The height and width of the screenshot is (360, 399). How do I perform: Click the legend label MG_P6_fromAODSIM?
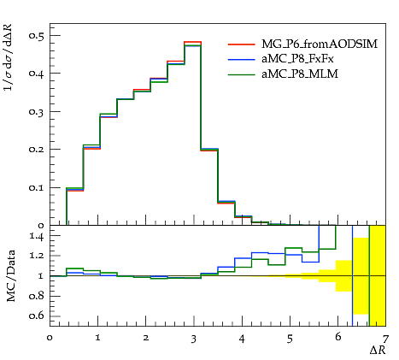(x=320, y=44)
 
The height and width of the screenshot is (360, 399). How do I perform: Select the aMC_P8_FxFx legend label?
(x=297, y=59)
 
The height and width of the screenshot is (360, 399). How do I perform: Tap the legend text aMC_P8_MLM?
(x=300, y=74)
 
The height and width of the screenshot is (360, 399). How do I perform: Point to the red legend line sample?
(x=241, y=44)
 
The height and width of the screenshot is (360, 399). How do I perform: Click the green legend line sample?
(x=241, y=74)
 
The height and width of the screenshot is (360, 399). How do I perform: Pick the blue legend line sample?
(x=241, y=60)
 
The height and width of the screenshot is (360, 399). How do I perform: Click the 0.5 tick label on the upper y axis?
(x=37, y=35)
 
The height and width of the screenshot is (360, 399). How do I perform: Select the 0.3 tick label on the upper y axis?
(x=37, y=111)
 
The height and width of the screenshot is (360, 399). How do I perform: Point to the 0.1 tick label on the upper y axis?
(x=37, y=187)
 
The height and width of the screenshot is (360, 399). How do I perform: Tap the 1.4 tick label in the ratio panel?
(x=37, y=236)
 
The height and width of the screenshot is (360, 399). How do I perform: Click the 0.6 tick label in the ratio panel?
(x=37, y=316)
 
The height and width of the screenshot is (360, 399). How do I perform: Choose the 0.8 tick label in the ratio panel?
(x=37, y=296)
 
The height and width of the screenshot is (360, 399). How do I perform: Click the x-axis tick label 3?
(x=194, y=339)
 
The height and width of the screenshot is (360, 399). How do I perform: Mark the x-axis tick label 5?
(x=290, y=339)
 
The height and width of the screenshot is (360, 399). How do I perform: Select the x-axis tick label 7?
(x=385, y=339)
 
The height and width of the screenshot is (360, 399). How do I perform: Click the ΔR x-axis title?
(x=378, y=350)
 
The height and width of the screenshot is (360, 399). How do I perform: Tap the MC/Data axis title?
(x=11, y=275)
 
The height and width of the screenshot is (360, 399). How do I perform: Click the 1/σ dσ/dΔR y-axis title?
(x=9, y=58)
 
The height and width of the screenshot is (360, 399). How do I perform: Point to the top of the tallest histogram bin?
(x=193, y=42)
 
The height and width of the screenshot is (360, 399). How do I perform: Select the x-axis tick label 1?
(x=98, y=338)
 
